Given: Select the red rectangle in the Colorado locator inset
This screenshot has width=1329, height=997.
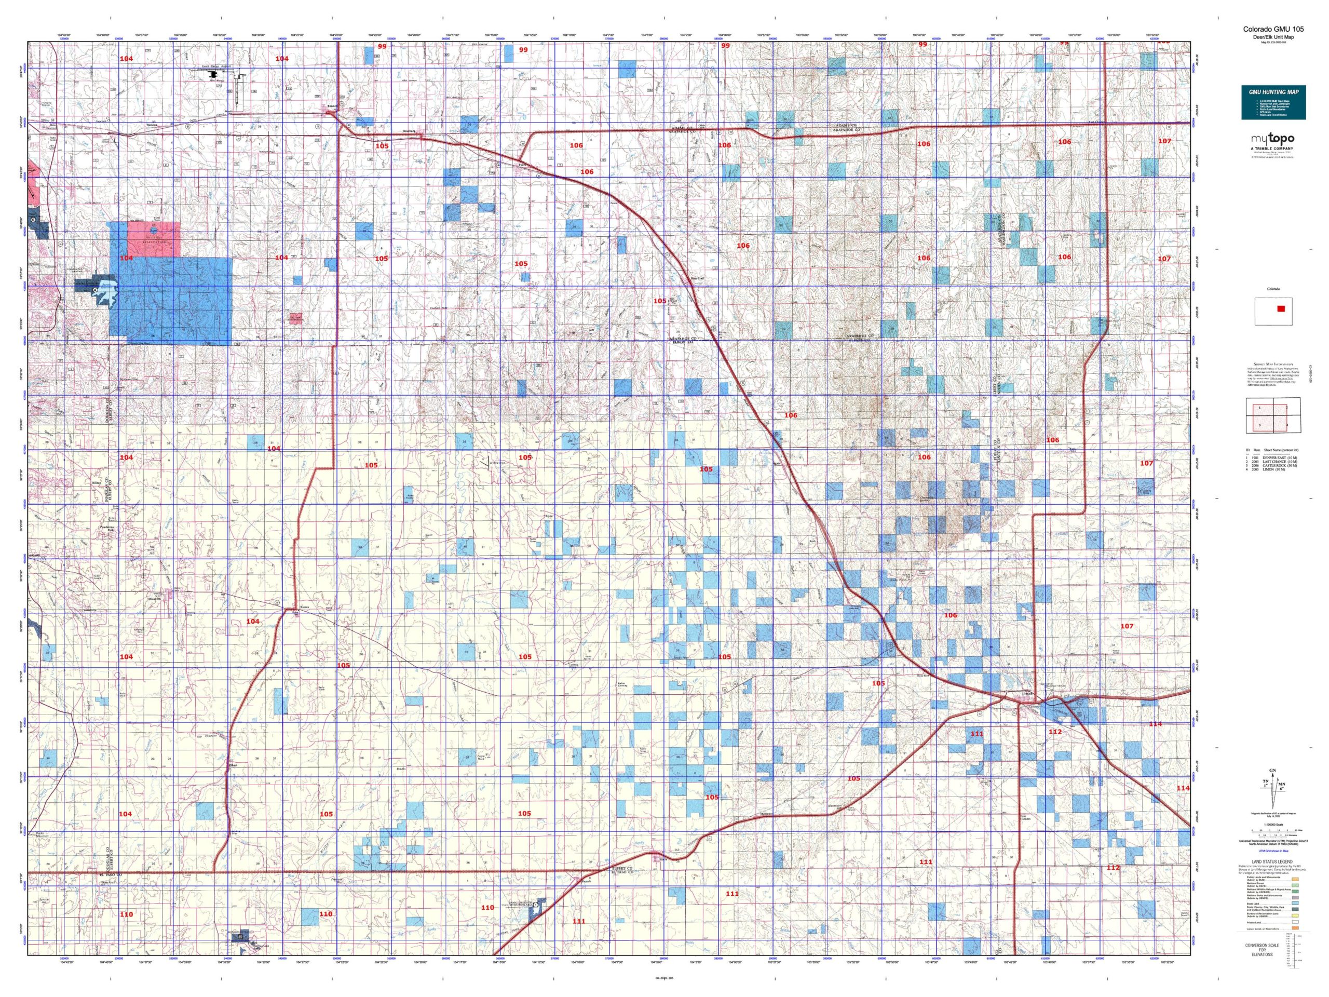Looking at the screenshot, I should (x=1281, y=309).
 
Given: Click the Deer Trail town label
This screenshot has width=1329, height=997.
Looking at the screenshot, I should (x=696, y=278).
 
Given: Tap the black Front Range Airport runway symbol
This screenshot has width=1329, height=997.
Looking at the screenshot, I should (x=213, y=76).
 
